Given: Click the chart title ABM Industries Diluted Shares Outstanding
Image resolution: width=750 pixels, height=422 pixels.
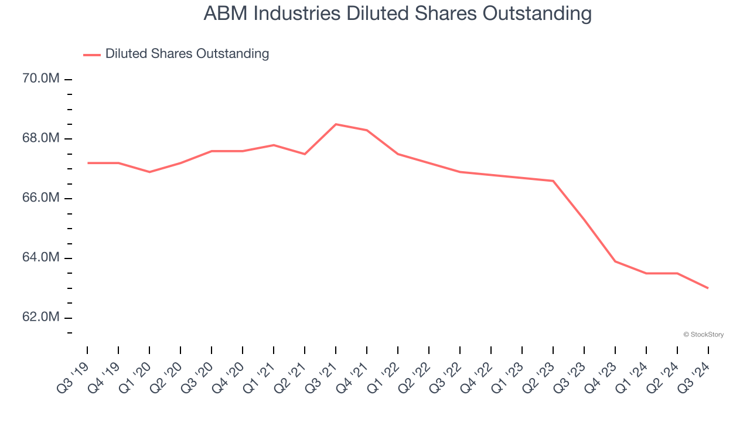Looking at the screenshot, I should click(397, 13).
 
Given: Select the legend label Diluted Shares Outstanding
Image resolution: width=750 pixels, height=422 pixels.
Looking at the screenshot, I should click(187, 54).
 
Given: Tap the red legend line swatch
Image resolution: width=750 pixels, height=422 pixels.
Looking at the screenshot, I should click(92, 55).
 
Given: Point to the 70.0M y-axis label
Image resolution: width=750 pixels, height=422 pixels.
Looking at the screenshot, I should click(42, 79).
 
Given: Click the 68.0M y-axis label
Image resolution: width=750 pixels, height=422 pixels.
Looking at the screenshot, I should click(42, 138).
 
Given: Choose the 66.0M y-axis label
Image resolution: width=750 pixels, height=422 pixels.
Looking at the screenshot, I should click(42, 198).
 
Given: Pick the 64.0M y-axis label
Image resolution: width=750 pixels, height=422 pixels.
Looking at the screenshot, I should click(42, 258).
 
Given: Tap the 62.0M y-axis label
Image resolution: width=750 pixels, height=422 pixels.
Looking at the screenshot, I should click(42, 318).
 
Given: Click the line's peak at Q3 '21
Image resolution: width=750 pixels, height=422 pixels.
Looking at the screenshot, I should click(336, 124).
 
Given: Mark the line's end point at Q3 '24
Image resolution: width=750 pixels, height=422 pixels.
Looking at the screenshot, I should click(708, 288).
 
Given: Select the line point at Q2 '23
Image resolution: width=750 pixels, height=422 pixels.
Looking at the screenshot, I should click(553, 181).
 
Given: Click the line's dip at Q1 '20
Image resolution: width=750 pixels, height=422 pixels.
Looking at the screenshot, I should click(149, 172).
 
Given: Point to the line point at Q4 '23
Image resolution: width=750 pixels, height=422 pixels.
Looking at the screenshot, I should click(615, 261).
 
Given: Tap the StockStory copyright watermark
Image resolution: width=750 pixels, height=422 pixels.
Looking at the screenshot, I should click(703, 335).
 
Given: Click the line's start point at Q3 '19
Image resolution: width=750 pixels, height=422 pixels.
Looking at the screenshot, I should click(88, 163).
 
